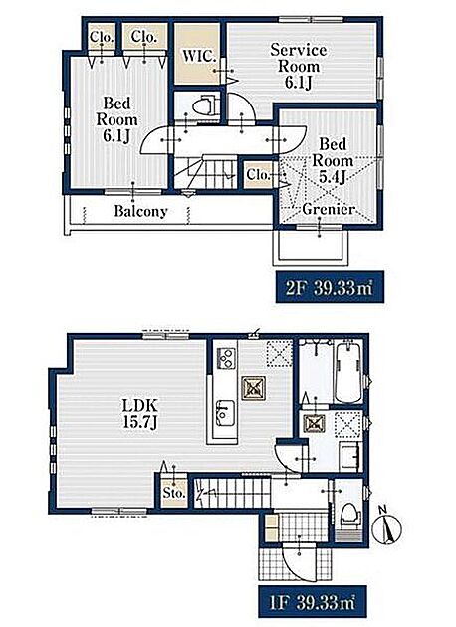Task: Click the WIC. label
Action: pos(199,56)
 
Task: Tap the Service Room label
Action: pos(299,58)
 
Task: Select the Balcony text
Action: pos(140,211)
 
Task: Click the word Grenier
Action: pos(328,209)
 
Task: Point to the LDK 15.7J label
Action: pos(139,414)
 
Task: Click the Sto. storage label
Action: pos(174,493)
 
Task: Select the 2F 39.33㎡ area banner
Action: pos(330,287)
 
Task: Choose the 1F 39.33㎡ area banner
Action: pos(313,602)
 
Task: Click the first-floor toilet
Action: pos(350,513)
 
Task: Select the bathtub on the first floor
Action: pos(347,371)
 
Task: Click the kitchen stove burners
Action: pos(225,358)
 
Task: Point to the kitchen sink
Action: pos(225,414)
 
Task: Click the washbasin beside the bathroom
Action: pos(350,456)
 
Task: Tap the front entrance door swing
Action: pos(298,560)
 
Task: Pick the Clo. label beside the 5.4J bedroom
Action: pos(258,174)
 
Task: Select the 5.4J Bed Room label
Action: pos(332,160)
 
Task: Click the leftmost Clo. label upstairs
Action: pos(102,37)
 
